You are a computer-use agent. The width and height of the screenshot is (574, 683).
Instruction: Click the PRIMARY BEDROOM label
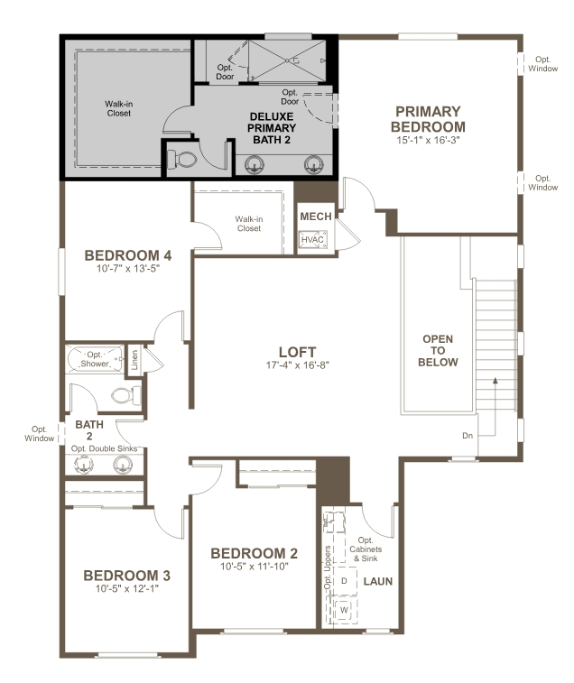tap(429, 119)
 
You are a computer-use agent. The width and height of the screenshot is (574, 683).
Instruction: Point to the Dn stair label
tap(468, 435)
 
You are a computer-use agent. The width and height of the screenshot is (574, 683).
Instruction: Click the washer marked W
tap(344, 611)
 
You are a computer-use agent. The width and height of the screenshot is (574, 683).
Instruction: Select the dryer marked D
tap(344, 581)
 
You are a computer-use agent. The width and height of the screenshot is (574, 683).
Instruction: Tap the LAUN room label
tap(377, 581)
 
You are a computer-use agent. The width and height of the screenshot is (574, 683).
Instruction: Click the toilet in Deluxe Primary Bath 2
tap(185, 160)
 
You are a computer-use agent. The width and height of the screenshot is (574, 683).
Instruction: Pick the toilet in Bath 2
tap(125, 394)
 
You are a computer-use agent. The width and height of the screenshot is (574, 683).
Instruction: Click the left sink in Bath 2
tap(83, 465)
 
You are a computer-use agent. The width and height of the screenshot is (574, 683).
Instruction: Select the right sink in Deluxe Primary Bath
tap(313, 163)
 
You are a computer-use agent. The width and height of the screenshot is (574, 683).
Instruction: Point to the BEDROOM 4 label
tap(128, 255)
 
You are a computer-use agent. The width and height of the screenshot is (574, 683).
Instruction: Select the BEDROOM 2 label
tap(254, 553)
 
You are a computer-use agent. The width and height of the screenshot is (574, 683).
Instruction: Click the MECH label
tap(316, 217)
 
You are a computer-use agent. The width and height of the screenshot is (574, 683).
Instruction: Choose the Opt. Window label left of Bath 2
tap(40, 433)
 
